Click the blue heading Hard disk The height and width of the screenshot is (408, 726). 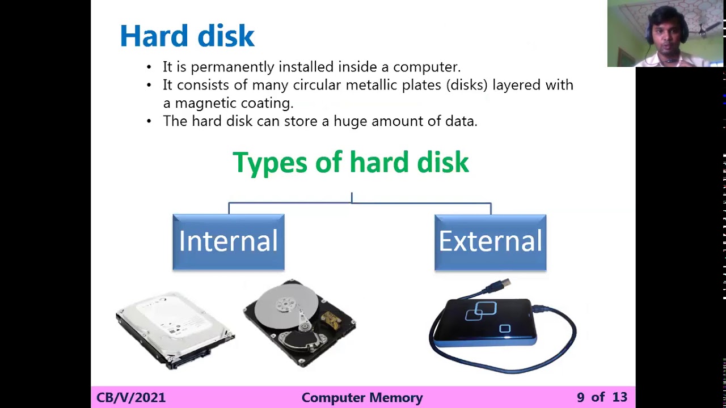pos(187,36)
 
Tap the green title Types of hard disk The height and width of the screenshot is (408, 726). pos(351,163)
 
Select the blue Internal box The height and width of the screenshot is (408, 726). pos(229,242)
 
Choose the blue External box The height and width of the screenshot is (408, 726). pos(490,242)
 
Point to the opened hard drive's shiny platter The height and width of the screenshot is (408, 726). pos(286,307)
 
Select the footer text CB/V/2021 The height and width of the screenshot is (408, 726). pos(131,398)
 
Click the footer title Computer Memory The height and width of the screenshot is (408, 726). pos(362,398)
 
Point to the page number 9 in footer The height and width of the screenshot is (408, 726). pos(580,398)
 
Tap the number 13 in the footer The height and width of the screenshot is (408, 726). pos(619,398)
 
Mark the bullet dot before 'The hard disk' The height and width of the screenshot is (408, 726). pos(149,121)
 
